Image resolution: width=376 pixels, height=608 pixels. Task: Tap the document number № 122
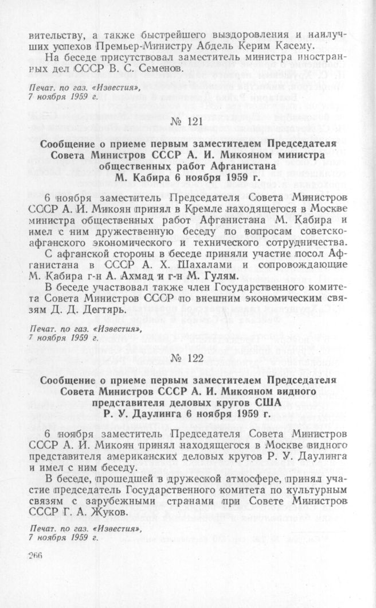187,360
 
